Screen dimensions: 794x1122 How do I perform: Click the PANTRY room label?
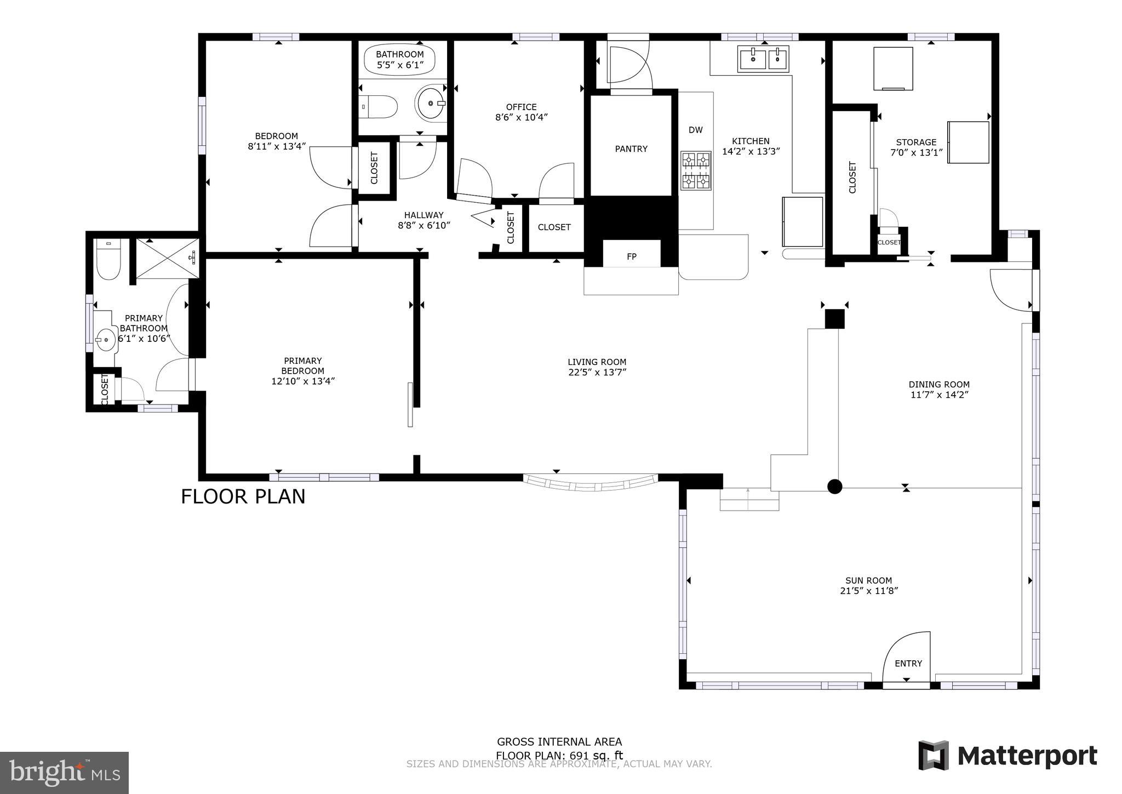point(631,149)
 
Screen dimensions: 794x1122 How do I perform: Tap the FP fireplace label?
point(631,256)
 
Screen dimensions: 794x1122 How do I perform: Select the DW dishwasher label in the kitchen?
point(695,130)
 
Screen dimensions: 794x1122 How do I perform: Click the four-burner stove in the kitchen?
point(696,170)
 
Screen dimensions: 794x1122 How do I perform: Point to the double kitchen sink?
point(764,59)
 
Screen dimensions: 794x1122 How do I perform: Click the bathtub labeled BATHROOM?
point(399,60)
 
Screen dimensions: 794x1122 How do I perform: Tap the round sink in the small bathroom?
point(430,102)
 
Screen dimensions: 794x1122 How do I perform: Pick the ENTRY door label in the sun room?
point(908,664)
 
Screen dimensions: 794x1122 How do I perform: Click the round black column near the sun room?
point(834,487)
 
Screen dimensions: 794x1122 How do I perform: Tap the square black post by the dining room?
point(835,319)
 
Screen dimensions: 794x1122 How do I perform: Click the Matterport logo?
point(1008,756)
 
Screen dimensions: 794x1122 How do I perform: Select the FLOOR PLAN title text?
point(243,496)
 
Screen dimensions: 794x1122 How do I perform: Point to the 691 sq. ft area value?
point(596,756)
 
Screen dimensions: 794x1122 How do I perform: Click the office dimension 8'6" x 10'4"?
point(522,117)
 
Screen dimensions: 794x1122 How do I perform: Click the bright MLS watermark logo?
point(64,773)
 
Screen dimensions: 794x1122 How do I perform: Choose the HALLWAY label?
point(423,215)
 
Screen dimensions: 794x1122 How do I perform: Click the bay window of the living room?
point(591,485)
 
